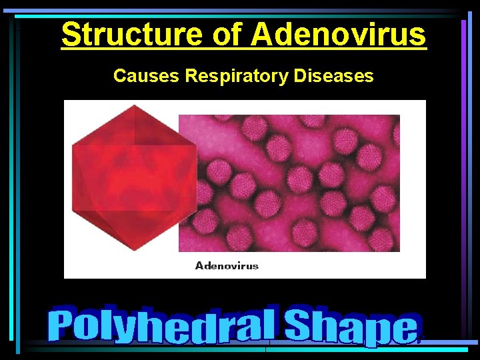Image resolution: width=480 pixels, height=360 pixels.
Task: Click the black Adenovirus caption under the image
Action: (x=227, y=265)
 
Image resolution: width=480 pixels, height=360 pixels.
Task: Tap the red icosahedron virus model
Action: (x=133, y=176)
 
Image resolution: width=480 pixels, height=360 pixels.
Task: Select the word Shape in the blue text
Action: (x=353, y=327)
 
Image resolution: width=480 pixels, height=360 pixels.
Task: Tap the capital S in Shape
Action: (x=299, y=325)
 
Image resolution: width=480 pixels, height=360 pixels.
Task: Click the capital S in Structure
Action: (x=71, y=35)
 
